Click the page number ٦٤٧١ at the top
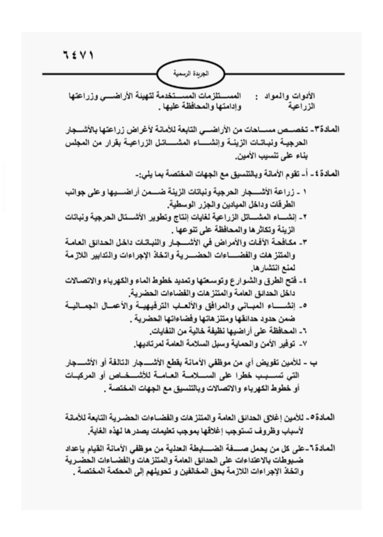(77, 55)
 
